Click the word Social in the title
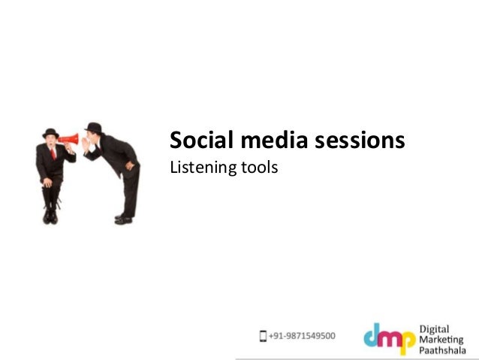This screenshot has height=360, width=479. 195,140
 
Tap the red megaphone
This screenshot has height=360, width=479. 68,139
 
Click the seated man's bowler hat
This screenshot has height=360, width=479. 51,132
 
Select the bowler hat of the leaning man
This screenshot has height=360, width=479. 95,127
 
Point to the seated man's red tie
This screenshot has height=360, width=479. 53,153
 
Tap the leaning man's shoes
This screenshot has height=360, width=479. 123,219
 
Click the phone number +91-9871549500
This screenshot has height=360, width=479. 303,336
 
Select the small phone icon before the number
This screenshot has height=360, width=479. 263,336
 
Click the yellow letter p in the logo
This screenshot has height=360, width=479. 408,340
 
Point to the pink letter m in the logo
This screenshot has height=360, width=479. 391,336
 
